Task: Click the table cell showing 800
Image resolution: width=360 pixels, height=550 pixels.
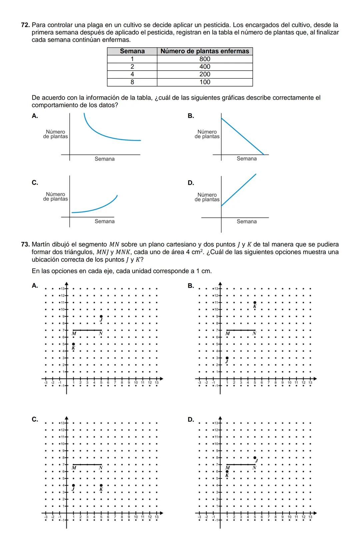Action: point(205,59)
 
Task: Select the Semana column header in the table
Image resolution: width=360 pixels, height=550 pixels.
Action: point(132,51)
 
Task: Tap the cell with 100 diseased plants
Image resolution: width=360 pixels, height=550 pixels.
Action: point(205,82)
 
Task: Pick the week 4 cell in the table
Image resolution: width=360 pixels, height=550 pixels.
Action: point(132,74)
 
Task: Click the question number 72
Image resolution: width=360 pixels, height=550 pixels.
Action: point(26,25)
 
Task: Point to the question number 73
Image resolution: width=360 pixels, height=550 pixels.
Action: point(26,244)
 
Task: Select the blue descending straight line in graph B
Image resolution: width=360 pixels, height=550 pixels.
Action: point(242,136)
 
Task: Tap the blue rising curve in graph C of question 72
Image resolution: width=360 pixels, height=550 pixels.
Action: point(100,208)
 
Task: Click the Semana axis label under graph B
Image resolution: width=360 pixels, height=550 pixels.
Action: point(247,159)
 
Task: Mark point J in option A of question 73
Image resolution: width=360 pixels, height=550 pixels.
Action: point(101,316)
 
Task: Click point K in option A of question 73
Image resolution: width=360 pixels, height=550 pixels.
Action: point(74,344)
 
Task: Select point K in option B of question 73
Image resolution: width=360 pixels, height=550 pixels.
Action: point(255,302)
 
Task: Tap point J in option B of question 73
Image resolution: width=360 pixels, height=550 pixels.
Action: point(227,358)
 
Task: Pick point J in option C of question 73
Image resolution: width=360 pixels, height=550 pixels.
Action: point(74,485)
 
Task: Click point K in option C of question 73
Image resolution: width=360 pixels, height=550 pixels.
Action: point(101,485)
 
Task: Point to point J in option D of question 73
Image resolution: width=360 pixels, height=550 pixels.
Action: point(255,458)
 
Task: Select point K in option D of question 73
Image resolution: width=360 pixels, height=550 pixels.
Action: point(227,471)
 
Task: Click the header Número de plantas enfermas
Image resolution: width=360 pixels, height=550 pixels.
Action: point(205,51)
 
